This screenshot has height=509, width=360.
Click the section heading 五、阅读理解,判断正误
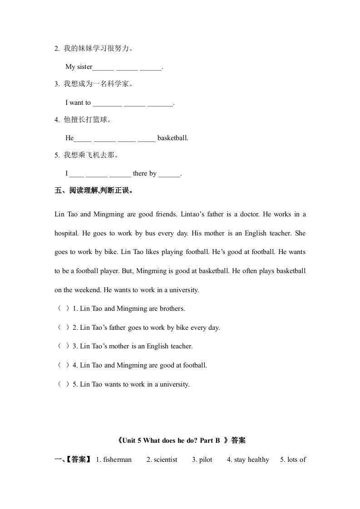tap(94, 191)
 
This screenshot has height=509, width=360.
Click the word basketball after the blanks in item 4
tap(173, 138)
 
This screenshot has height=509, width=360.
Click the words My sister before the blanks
tap(79, 67)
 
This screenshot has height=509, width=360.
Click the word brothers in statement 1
tap(172, 308)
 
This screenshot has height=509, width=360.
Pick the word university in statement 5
tap(174, 384)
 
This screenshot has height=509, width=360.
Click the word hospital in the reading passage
tap(67, 233)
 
